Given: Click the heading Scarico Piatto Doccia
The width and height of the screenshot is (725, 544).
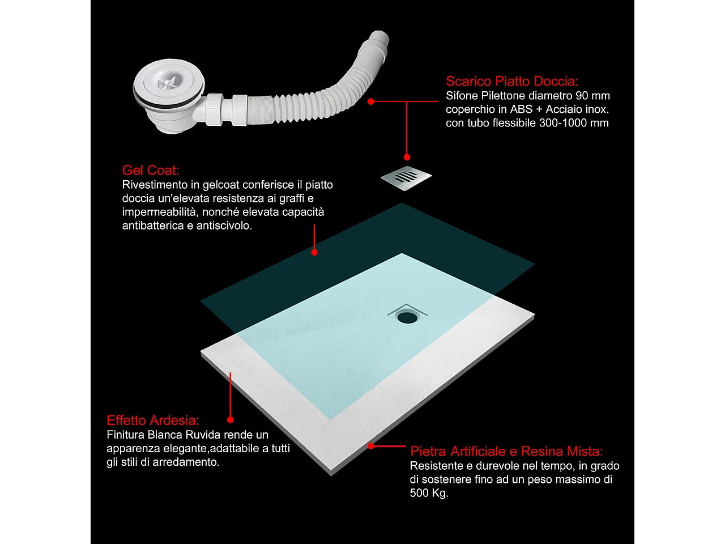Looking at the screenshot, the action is point(512,81).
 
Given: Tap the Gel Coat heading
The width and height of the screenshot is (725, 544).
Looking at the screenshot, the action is point(151,171).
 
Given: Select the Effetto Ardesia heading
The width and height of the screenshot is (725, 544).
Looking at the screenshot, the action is point(153,420).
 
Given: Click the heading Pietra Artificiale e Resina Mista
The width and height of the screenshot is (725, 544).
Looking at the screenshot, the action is point(506,451).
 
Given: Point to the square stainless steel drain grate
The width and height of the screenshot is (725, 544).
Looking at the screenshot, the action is point(406,178).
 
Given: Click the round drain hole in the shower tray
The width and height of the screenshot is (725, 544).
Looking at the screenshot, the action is point(407,317).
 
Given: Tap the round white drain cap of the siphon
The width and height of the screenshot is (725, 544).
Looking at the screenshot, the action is point(168,82).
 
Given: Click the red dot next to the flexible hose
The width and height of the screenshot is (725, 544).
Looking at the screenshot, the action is point(371,101).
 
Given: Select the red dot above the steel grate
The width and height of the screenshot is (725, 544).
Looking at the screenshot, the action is point(407,157).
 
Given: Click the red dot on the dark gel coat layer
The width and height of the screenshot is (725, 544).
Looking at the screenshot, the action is point(314,252).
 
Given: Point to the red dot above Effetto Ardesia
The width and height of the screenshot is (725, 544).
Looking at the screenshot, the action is point(230,420).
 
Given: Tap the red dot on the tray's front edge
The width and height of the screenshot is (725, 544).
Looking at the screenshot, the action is point(371,446).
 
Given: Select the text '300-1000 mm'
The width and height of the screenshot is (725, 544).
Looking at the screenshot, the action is point(574,123).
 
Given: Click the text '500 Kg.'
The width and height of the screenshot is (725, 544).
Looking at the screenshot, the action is point(429,493).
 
